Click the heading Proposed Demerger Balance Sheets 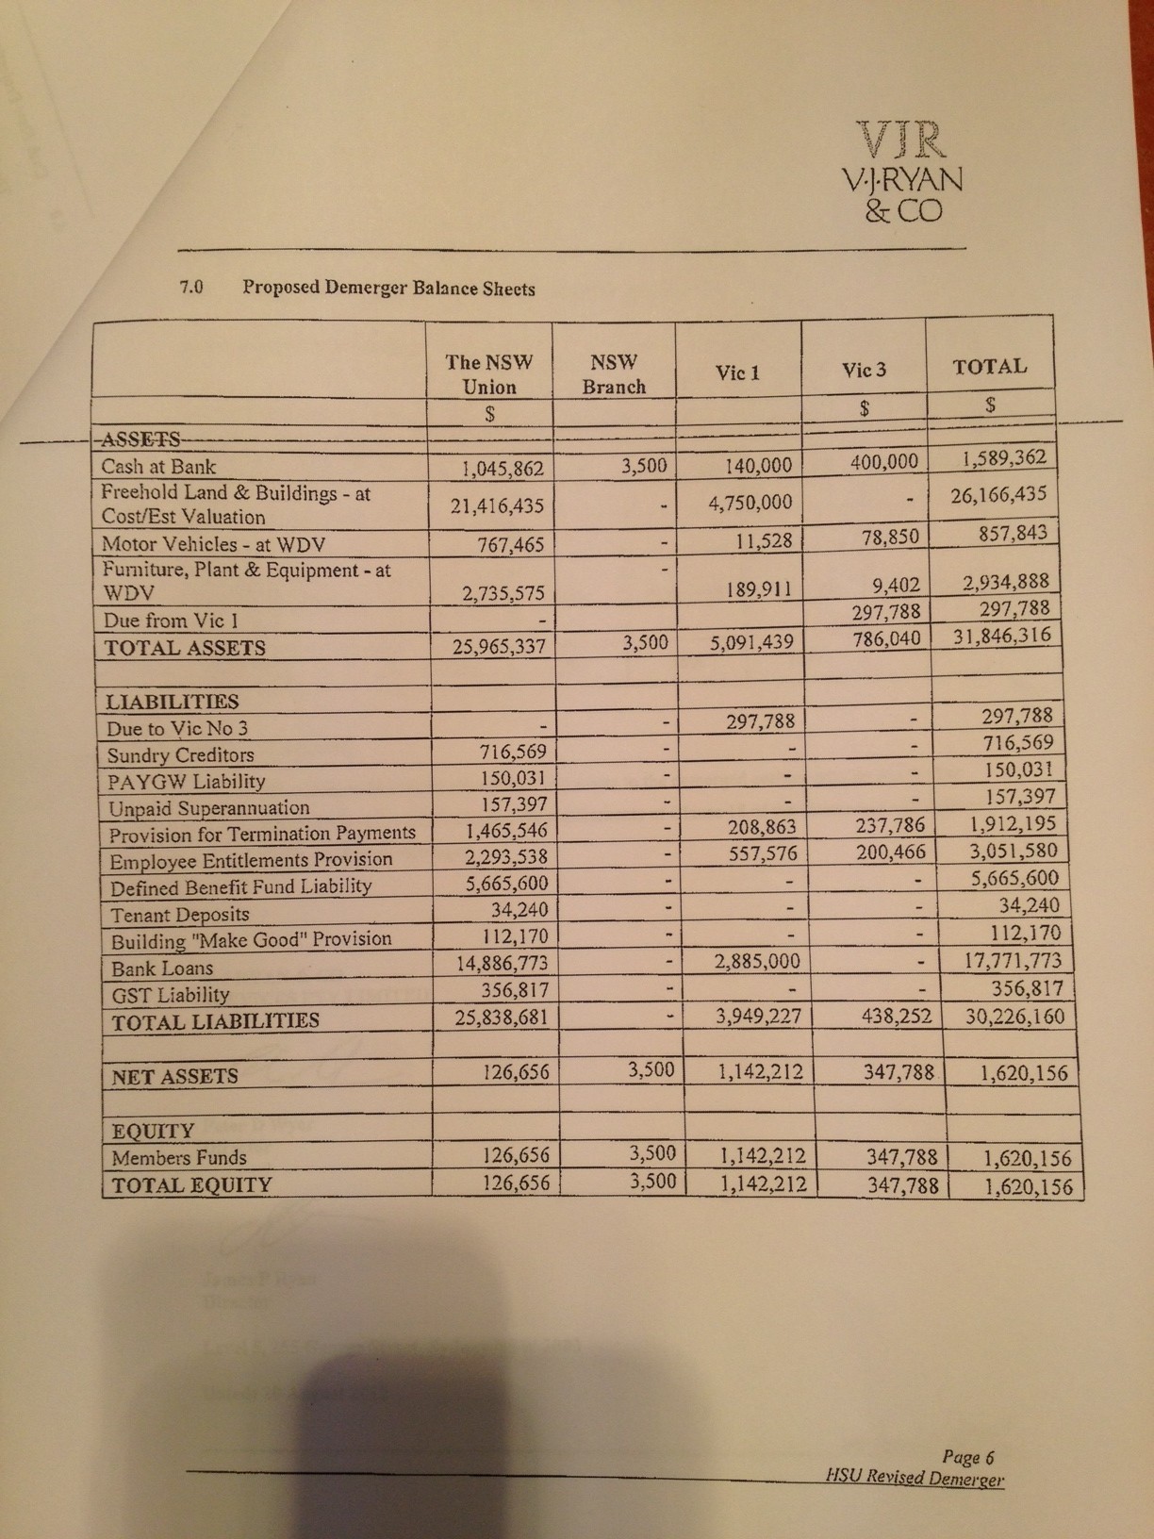click(388, 288)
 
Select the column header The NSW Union click(489, 374)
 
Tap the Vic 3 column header click(864, 371)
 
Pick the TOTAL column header click(989, 367)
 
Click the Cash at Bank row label click(158, 467)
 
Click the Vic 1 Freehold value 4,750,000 click(750, 502)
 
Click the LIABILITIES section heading click(173, 702)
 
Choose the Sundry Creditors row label click(180, 755)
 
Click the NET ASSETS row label click(174, 1076)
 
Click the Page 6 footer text click(968, 1458)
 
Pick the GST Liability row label click(170, 995)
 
